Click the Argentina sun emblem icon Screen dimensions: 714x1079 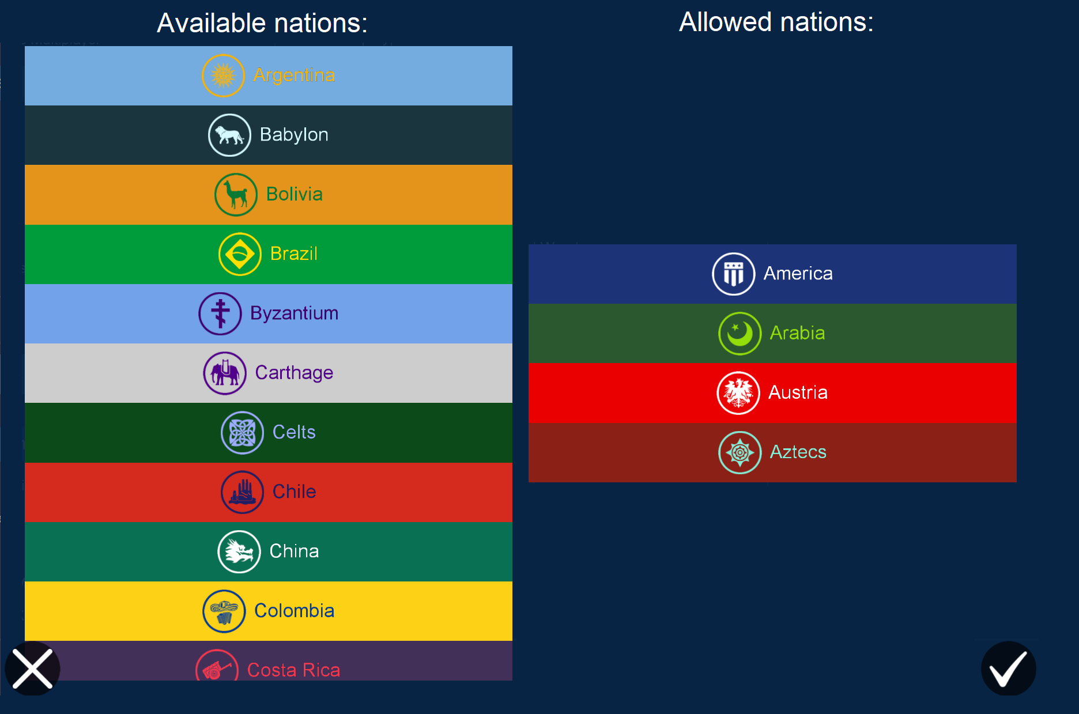pos(223,75)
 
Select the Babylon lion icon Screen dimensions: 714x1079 pos(229,135)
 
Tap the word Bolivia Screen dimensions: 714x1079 pos(294,194)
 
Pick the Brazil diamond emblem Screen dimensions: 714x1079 pos(240,254)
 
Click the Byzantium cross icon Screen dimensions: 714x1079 pos(220,313)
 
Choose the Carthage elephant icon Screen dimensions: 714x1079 pos(225,373)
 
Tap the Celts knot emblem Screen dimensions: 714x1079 pos(243,433)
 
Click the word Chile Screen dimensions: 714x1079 pos(294,492)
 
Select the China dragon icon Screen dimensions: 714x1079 pos(239,551)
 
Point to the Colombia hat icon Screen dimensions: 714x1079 pos(224,611)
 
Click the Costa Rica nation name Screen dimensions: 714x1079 pos(293,670)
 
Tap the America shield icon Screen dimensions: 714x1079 pos(733,274)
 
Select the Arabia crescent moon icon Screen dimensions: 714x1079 pos(740,334)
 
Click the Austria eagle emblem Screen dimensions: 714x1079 pos(738,393)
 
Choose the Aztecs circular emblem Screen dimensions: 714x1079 pos(740,453)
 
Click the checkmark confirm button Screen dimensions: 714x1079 pos(1008,668)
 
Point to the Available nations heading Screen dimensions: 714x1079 pos(262,23)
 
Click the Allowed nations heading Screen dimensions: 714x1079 pos(776,22)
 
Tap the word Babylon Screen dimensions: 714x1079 pos(294,135)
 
